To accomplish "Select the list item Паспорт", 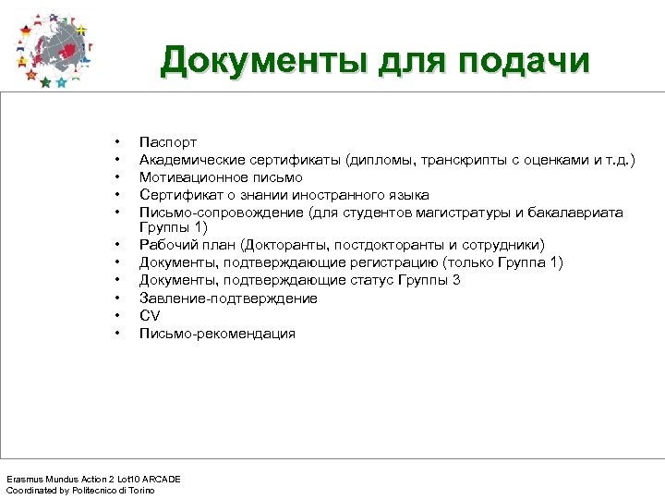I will [167, 142].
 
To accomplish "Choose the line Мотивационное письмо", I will [220, 177].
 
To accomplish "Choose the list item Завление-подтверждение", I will [228, 298].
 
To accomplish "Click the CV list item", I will [149, 315].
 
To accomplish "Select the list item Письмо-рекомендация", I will [217, 333].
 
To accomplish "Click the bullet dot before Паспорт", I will [117, 142].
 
